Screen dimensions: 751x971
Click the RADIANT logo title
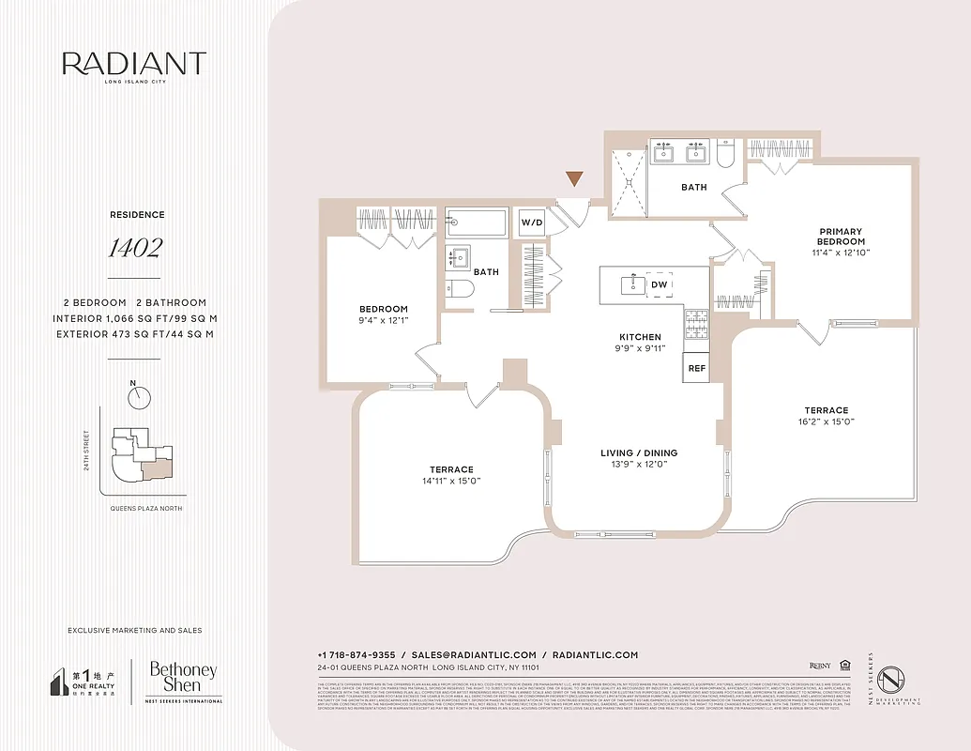click(134, 64)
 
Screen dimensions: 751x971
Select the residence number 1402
click(134, 249)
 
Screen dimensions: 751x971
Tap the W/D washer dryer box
click(531, 222)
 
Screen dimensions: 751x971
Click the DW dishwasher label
click(660, 284)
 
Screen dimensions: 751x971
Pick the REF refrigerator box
click(696, 368)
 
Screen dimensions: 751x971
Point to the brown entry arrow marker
click(574, 178)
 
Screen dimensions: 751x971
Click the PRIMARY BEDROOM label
click(841, 237)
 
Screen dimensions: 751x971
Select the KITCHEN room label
click(640, 337)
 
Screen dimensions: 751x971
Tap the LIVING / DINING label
click(638, 453)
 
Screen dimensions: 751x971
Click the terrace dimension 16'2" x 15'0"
click(826, 421)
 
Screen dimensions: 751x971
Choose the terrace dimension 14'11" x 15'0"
click(452, 481)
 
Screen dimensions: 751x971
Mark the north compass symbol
click(140, 397)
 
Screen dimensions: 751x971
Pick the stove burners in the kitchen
click(697, 326)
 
